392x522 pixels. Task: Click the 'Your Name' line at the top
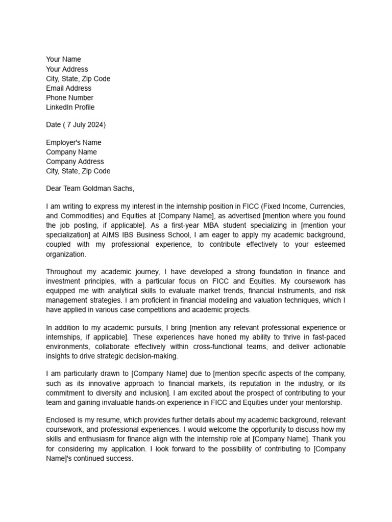(x=63, y=60)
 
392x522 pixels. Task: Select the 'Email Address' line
(x=69, y=88)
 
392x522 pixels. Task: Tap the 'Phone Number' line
(x=70, y=98)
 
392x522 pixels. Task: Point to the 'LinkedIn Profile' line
(x=70, y=108)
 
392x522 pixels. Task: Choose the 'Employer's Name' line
(x=73, y=143)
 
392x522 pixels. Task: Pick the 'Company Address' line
(x=75, y=162)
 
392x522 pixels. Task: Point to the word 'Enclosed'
(x=62, y=420)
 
